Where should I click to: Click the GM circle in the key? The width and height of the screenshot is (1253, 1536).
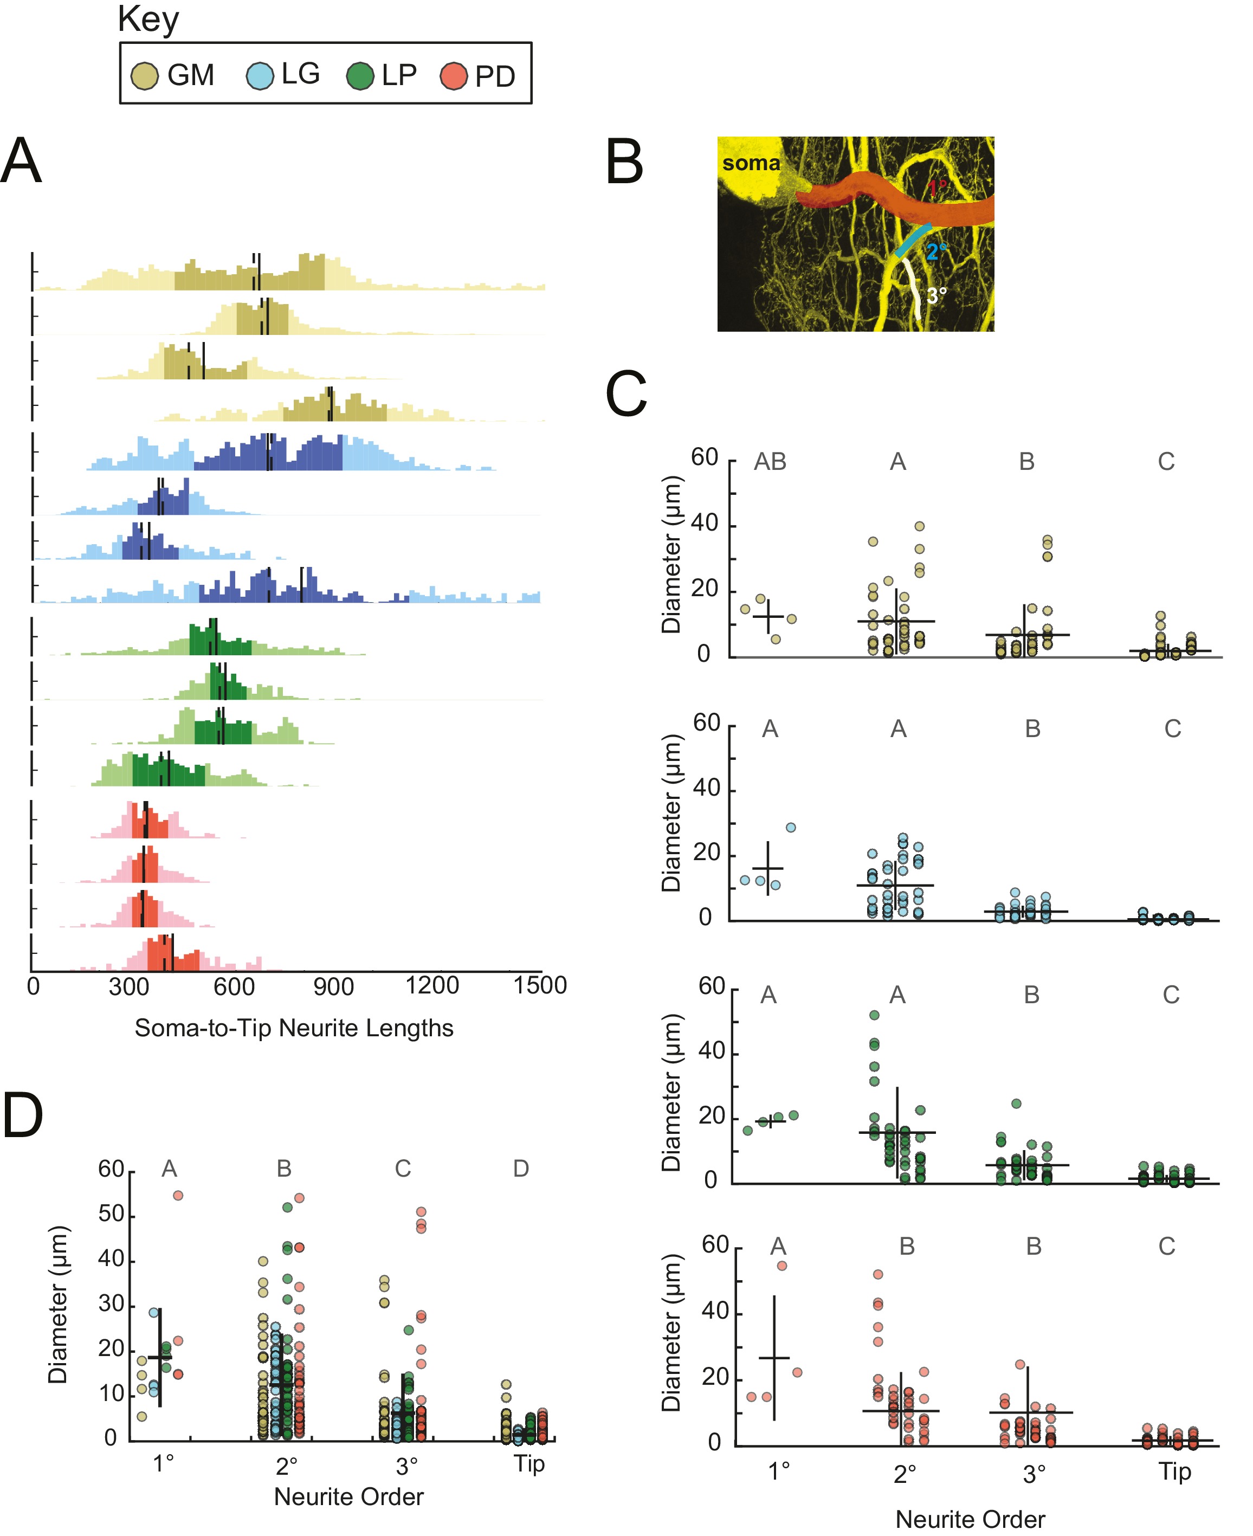coord(144,76)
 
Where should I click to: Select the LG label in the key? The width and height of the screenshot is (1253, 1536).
coord(300,74)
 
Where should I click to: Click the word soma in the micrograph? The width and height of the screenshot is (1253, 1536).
coord(751,163)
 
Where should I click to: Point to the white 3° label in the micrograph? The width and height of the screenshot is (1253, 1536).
coord(936,295)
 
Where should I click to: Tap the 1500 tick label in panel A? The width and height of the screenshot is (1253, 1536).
coord(540,985)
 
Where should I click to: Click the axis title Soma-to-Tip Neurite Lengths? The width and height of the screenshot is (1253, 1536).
coord(294,1028)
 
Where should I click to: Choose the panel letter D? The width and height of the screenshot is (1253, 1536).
coord(23,1115)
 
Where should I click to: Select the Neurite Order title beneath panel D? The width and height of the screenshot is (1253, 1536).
coord(348,1496)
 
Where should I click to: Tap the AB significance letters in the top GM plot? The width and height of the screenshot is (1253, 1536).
coord(770,461)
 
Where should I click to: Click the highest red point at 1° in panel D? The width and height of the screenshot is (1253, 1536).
coord(178,1195)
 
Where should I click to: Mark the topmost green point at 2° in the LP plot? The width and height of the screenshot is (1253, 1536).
coord(874,1015)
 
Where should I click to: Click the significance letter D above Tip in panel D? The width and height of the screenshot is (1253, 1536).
coord(521,1168)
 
